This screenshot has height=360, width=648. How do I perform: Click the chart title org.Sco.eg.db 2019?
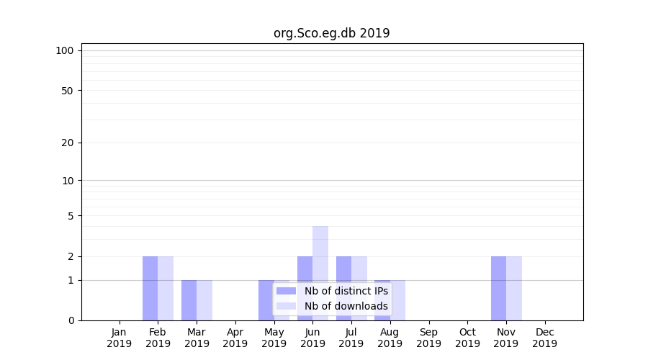click(331, 33)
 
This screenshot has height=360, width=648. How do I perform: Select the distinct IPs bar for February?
click(150, 288)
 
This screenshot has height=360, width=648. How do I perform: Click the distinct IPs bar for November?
click(498, 288)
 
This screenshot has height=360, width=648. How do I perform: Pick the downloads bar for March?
click(204, 300)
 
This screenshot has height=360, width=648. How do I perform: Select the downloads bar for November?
click(514, 288)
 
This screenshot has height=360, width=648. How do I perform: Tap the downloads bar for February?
click(166, 288)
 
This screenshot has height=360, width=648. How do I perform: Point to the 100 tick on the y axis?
click(65, 50)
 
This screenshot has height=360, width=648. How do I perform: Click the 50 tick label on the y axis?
click(67, 91)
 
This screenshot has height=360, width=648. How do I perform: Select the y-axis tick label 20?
click(67, 143)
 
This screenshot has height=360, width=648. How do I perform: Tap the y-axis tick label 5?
click(70, 216)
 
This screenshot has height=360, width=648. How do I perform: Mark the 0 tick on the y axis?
click(70, 320)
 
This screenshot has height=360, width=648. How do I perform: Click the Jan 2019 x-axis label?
click(120, 338)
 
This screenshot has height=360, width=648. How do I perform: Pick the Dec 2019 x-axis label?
click(544, 338)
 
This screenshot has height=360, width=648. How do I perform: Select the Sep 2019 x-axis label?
click(428, 338)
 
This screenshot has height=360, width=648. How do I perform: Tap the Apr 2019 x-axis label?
click(235, 338)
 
